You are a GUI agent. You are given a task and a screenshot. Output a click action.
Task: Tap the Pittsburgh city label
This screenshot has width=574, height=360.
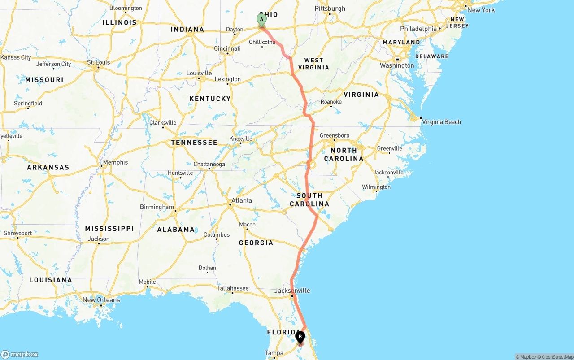click(x=330, y=9)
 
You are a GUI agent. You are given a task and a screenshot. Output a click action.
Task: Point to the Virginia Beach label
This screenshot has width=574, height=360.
click(x=441, y=122)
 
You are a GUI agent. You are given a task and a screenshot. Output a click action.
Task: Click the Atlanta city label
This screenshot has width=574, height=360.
click(x=242, y=200)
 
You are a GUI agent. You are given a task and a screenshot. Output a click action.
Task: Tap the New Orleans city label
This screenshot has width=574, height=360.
click(x=101, y=300)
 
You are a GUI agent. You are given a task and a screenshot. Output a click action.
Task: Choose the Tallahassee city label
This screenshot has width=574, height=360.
click(x=232, y=288)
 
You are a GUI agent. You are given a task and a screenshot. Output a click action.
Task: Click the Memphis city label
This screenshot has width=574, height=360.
click(x=115, y=162)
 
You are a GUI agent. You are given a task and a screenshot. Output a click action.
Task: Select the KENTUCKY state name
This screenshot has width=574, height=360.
click(x=210, y=99)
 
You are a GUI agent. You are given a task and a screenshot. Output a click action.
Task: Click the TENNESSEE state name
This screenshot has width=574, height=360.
click(x=194, y=143)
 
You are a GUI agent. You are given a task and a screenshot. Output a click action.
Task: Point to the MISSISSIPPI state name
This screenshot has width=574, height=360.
click(x=109, y=229)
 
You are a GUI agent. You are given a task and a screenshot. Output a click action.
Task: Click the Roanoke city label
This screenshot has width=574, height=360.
click(x=331, y=102)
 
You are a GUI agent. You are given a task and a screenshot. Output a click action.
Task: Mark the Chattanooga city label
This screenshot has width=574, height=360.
click(x=209, y=164)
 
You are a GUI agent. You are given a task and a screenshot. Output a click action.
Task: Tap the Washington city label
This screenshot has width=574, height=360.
click(x=397, y=65)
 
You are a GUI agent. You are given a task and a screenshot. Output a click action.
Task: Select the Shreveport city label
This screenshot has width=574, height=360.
click(x=18, y=233)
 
